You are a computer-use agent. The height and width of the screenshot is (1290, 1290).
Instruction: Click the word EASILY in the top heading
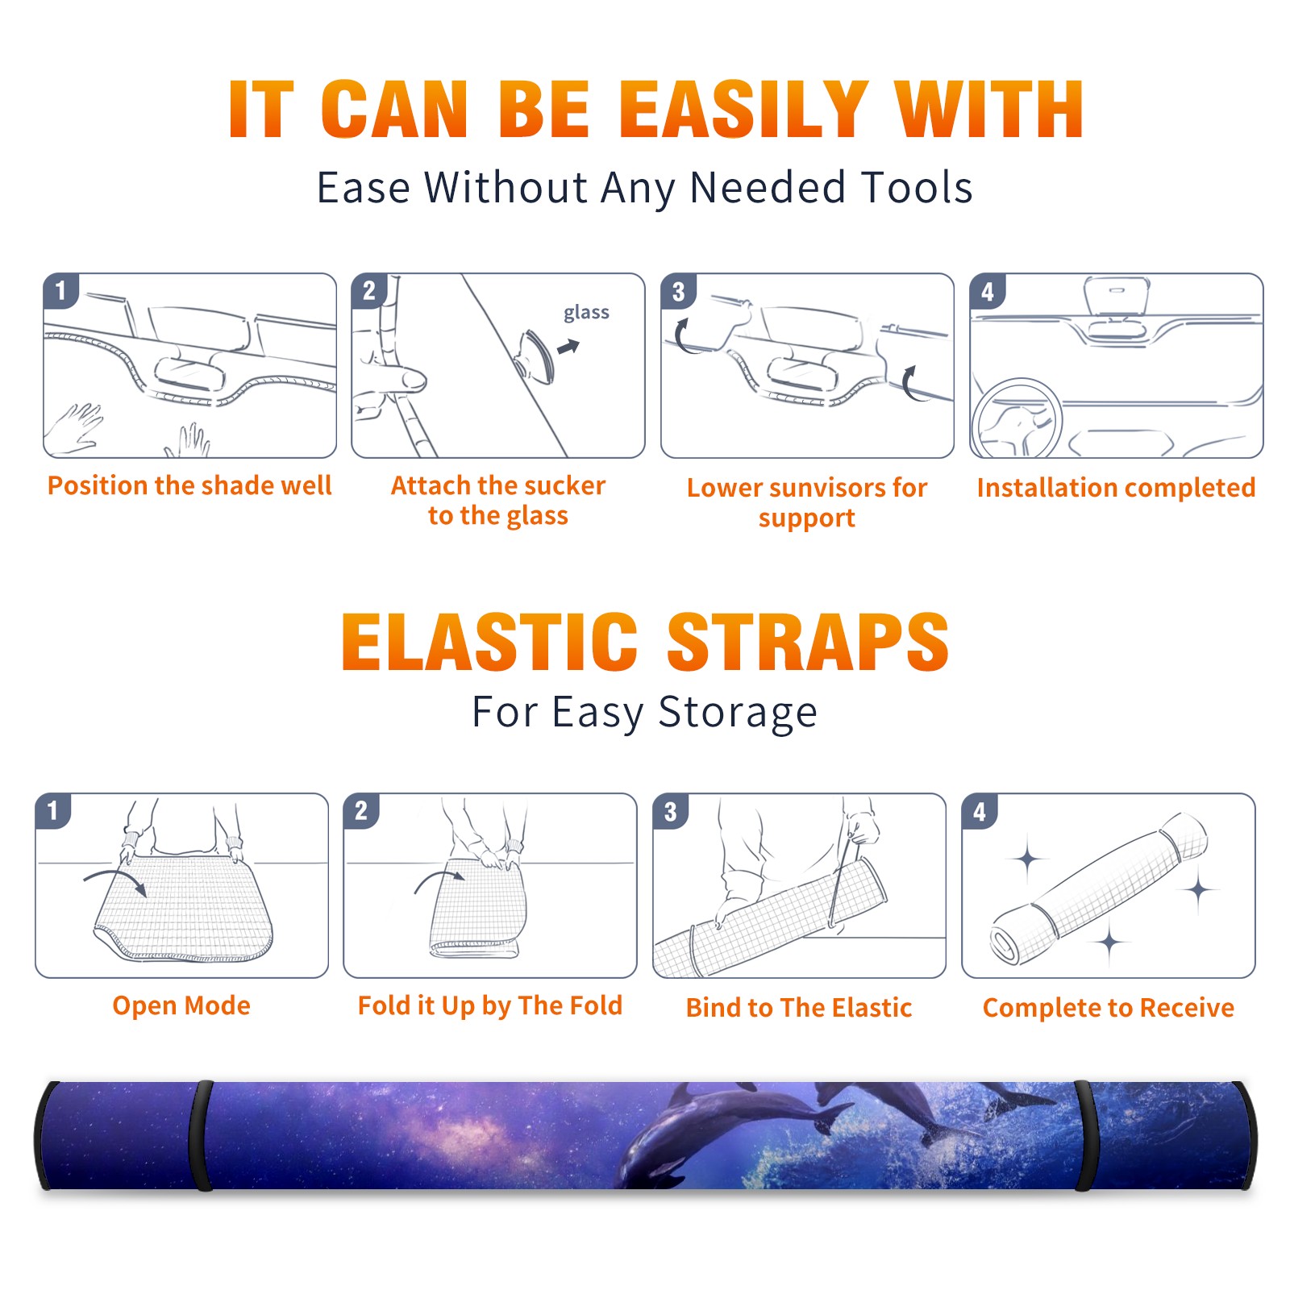[x=743, y=110]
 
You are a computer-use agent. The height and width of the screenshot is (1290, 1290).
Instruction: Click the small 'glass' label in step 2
[x=586, y=313]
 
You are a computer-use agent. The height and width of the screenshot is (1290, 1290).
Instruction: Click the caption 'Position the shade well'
[x=189, y=485]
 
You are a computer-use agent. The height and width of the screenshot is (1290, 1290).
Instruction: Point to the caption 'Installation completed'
[x=1116, y=488]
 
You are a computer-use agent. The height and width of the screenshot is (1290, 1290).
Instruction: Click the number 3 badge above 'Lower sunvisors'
[x=678, y=291]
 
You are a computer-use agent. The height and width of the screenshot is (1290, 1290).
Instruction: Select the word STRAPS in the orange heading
[x=808, y=642]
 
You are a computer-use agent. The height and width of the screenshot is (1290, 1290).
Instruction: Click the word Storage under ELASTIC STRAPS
[x=738, y=713]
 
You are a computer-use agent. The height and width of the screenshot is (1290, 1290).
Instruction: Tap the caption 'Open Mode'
[x=181, y=1005]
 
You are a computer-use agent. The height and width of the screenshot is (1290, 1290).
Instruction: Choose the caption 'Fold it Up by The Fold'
[x=490, y=1006]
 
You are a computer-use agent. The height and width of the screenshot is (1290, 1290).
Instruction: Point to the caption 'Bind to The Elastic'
[x=799, y=1008]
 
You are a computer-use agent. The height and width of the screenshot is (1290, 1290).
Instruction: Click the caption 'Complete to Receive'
[x=1109, y=1008]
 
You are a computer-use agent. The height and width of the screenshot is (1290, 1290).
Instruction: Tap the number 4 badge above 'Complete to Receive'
[x=980, y=811]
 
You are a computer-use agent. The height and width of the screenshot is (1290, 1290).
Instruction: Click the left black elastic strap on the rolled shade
[x=202, y=1136]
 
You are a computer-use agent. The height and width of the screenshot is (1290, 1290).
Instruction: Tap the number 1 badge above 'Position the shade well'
[x=60, y=290]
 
